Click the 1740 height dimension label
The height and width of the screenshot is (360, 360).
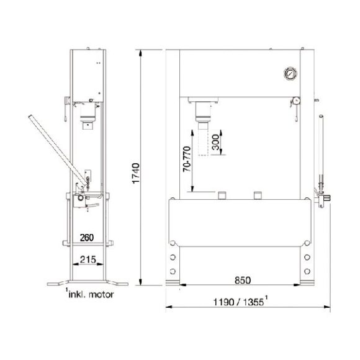[x=136, y=173]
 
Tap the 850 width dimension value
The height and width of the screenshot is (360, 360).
[x=243, y=281]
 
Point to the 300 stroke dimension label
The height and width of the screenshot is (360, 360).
[x=215, y=142]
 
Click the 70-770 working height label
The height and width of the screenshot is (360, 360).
[x=187, y=159]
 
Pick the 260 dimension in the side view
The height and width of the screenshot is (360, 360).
[x=87, y=238]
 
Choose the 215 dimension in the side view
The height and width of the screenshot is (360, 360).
[x=88, y=259]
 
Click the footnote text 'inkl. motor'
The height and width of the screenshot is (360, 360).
[x=91, y=294]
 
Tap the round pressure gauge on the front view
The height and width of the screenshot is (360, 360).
[x=290, y=73]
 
